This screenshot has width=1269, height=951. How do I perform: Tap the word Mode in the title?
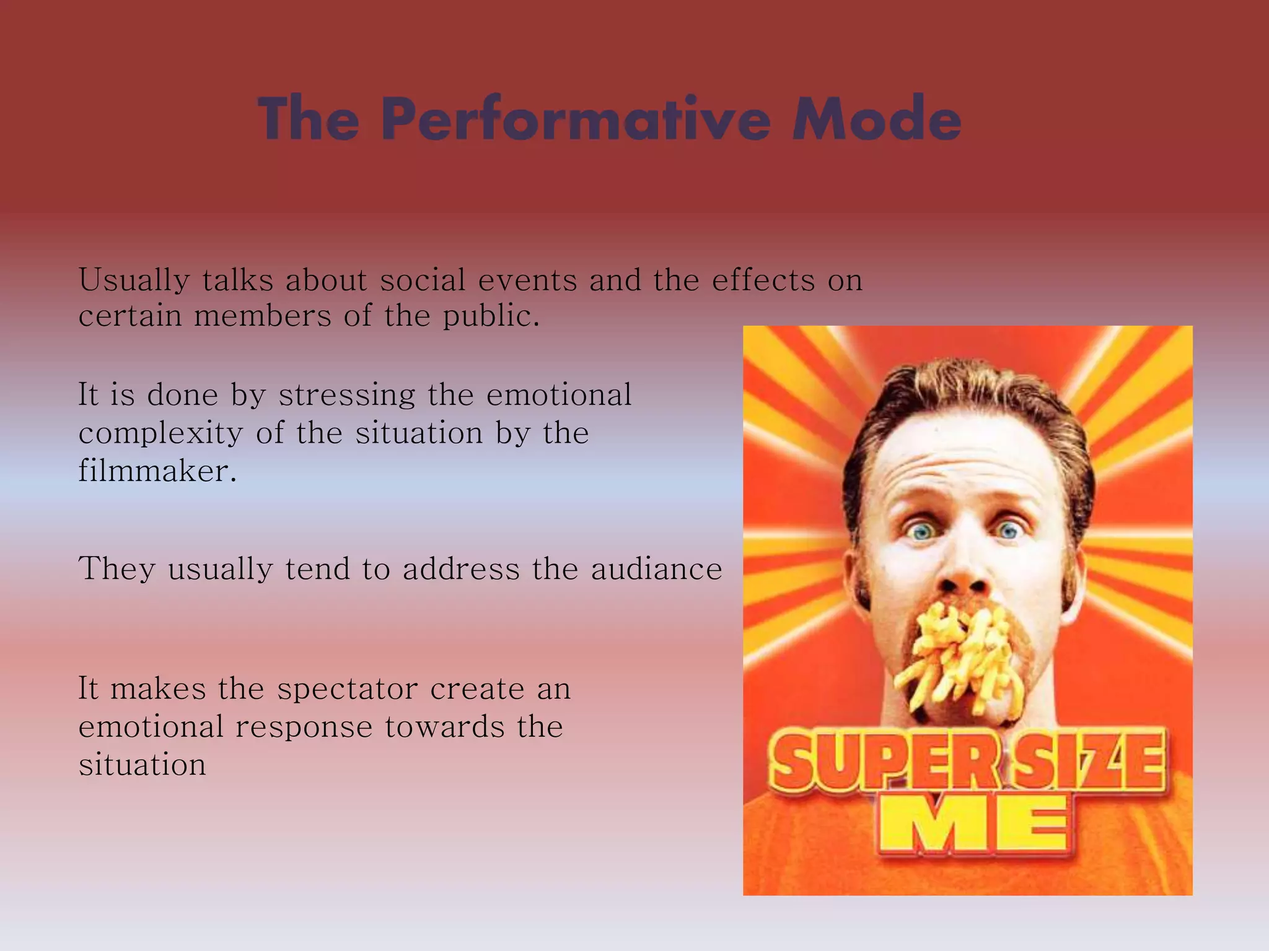click(x=876, y=119)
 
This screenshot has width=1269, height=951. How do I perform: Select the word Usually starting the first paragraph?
click(x=134, y=280)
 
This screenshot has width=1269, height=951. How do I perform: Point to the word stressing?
click(x=346, y=396)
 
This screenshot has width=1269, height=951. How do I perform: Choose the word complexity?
click(x=160, y=433)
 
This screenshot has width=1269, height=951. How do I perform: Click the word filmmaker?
click(x=157, y=471)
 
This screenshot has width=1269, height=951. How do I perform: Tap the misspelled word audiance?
click(x=656, y=569)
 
